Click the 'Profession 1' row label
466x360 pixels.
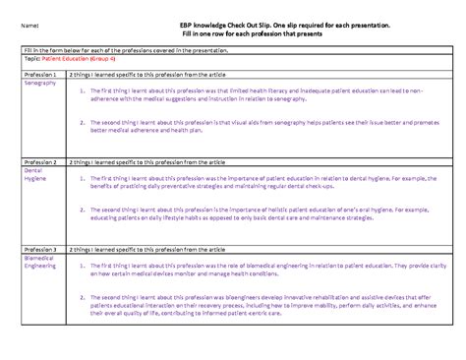[x=40, y=75]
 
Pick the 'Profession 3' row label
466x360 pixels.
[x=40, y=251]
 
